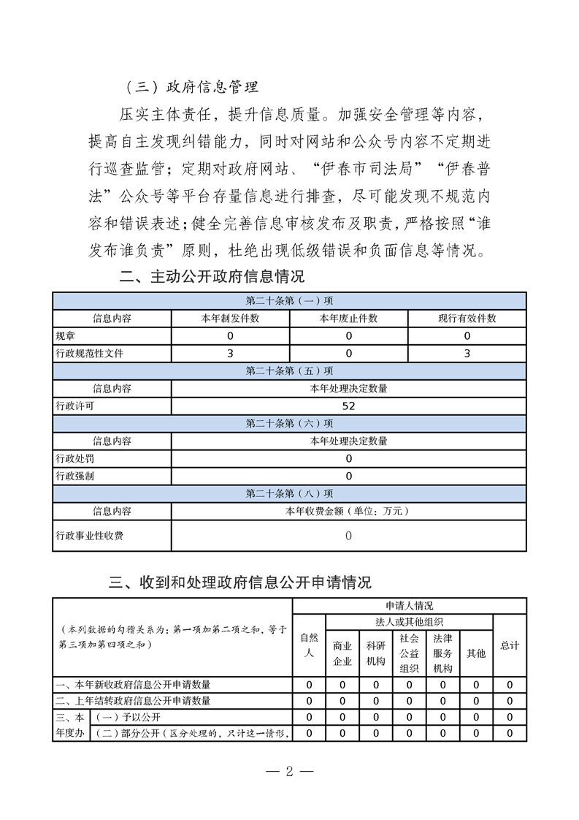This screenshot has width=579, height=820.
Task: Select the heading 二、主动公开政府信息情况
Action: (212, 277)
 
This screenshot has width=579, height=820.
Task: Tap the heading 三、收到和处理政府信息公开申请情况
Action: (239, 582)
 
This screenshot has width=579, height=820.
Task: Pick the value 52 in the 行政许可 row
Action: (348, 406)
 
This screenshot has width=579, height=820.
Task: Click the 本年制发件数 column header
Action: (230, 319)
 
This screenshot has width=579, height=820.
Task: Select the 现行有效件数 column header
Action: (467, 319)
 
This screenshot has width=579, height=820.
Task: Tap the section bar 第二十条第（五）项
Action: (290, 371)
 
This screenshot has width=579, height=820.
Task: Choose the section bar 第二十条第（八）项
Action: (290, 493)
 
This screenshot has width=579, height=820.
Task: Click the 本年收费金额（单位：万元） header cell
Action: (348, 511)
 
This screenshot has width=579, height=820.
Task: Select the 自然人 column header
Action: (310, 645)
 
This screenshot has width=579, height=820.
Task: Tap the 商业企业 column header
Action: (342, 653)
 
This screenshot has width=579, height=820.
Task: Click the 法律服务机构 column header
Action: (442, 653)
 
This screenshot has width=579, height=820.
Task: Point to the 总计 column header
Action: (510, 645)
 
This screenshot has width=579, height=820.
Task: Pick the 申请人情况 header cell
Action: (409, 606)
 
